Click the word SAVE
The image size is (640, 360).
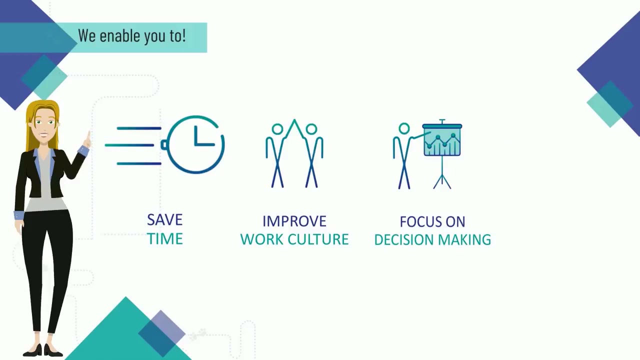coord(164,220)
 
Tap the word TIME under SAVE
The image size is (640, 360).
coord(164,239)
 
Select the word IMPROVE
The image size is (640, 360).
coord(294,221)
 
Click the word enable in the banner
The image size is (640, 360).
coord(112,36)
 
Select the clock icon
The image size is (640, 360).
coord(195,144)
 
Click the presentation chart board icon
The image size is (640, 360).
coord(442,140)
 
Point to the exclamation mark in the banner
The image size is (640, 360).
coord(183,35)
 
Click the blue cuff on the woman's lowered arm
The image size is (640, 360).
coord(19,215)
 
